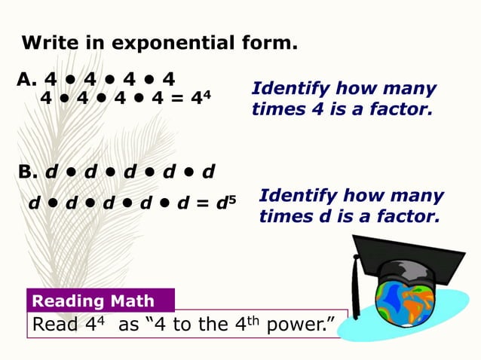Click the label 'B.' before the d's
(x=29, y=172)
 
